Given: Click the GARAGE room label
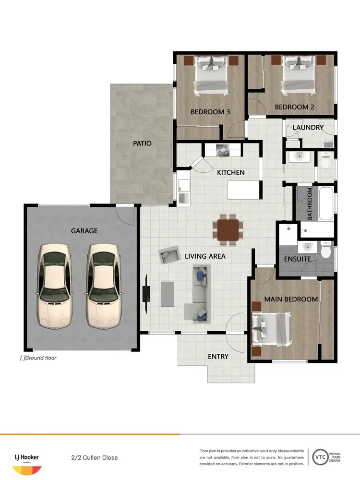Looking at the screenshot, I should pyautogui.click(x=84, y=231).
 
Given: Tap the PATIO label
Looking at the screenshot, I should pyautogui.click(x=143, y=143).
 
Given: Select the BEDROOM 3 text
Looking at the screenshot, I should pyautogui.click(x=210, y=112).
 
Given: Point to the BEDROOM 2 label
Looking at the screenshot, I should pyautogui.click(x=294, y=107).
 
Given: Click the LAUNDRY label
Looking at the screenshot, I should pyautogui.click(x=308, y=128).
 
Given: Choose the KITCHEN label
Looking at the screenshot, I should pyautogui.click(x=231, y=172).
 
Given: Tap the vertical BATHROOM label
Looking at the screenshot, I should pyautogui.click(x=310, y=204).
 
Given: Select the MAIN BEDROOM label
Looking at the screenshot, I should pyautogui.click(x=291, y=299).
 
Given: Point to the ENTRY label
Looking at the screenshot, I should pyautogui.click(x=218, y=357).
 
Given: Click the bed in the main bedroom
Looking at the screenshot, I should pyautogui.click(x=270, y=329).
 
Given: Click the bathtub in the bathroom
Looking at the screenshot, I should pyautogui.click(x=326, y=204).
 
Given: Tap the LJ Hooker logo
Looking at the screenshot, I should pyautogui.click(x=26, y=460).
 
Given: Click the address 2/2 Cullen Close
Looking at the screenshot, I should pyautogui.click(x=94, y=457).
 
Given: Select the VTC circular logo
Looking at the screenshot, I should pyautogui.click(x=321, y=457).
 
